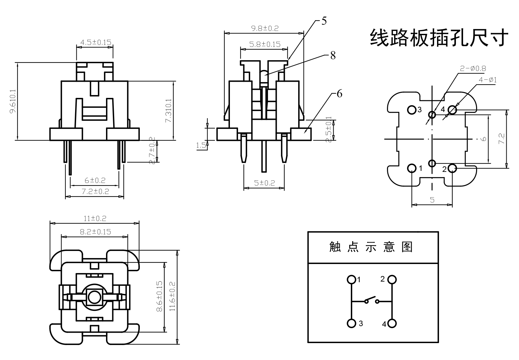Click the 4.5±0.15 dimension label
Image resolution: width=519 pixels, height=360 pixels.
point(96,42)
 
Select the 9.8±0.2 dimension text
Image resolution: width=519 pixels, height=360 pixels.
point(265,28)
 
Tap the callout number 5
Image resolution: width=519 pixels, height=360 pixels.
point(324,21)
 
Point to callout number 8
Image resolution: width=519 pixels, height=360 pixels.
point(333,56)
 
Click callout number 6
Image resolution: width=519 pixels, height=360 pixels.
point(339,94)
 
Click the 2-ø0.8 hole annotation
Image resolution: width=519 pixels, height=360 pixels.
point(473,69)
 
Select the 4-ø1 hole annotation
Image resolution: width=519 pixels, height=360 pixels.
point(487,80)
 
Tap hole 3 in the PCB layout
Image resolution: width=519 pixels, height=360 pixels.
point(412,110)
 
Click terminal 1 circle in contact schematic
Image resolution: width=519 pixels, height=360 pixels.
point(351,280)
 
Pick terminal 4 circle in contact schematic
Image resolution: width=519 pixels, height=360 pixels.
point(392,324)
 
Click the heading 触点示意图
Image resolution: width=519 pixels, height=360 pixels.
point(371,247)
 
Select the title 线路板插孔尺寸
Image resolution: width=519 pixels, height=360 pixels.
point(439,38)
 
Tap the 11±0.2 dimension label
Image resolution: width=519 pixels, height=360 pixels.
point(95,219)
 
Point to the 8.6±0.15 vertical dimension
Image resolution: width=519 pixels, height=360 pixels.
point(159,297)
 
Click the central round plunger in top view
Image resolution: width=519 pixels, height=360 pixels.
point(94,297)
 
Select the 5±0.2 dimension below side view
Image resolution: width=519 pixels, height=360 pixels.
point(264,183)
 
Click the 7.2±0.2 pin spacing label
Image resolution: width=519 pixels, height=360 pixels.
point(95,191)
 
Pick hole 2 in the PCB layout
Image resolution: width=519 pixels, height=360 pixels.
point(452,168)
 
